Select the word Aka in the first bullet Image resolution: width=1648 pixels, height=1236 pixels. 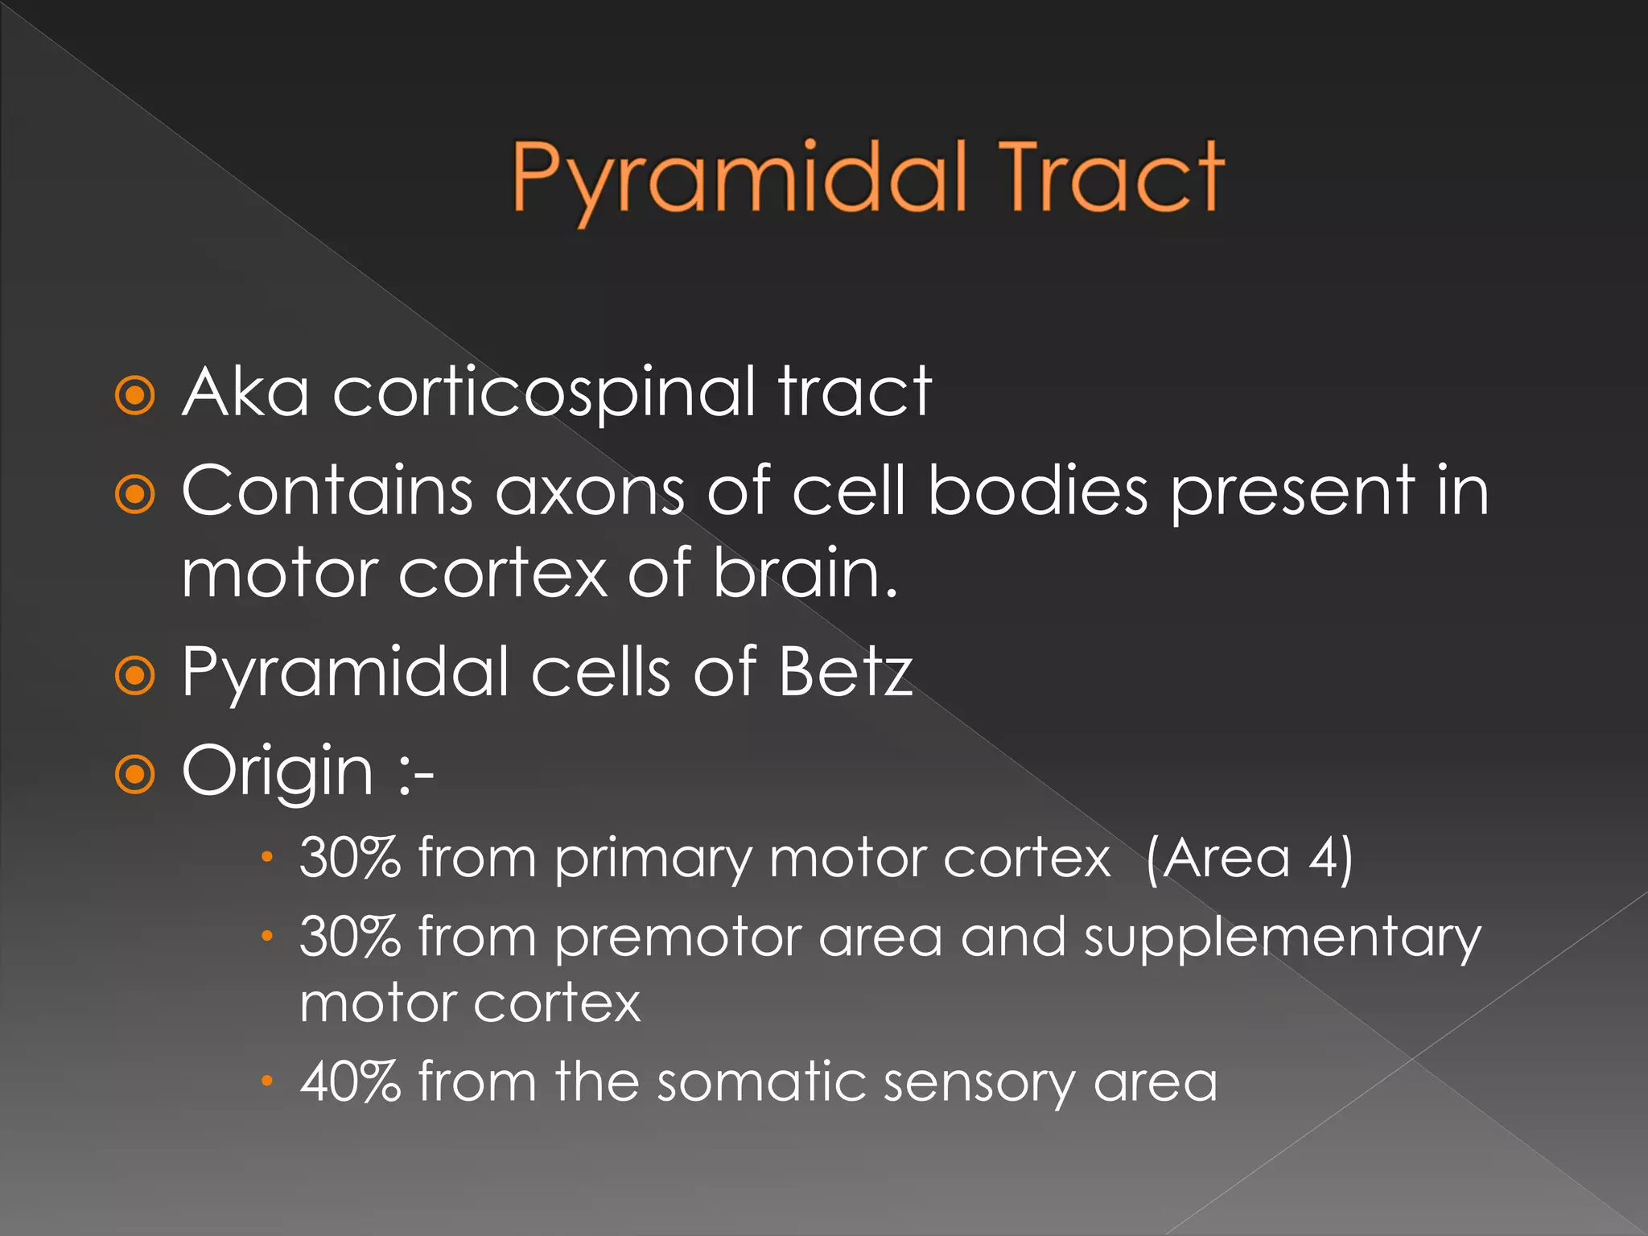[245, 392]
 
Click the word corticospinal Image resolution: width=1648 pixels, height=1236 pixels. [544, 392]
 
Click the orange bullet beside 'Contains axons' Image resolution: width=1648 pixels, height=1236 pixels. [134, 495]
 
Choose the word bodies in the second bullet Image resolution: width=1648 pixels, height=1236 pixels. [1038, 491]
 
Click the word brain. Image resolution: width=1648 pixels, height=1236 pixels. [805, 573]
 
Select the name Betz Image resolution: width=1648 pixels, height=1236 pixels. [845, 671]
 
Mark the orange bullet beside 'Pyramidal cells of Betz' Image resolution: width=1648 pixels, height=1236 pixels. [134, 675]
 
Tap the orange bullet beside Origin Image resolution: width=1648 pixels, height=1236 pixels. [134, 775]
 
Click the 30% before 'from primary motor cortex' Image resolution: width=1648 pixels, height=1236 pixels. [350, 858]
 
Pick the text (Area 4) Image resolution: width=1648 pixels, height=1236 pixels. [1249, 859]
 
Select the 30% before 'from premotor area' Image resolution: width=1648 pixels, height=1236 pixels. [350, 937]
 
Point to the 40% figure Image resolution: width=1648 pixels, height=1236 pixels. [350, 1081]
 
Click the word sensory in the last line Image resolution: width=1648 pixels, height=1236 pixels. [978, 1083]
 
